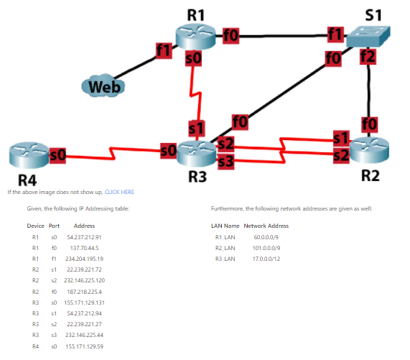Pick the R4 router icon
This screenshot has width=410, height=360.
click(28, 155)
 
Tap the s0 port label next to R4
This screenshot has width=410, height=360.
click(58, 154)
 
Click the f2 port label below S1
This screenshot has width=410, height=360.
click(368, 56)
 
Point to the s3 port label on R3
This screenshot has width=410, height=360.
click(225, 162)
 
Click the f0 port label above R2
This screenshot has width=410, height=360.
click(369, 124)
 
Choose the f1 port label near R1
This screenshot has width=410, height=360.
click(164, 50)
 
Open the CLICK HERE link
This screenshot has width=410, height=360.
click(119, 192)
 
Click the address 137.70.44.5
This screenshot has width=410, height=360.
click(84, 246)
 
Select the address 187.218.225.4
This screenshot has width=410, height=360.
click(84, 291)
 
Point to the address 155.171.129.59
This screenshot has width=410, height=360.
click(84, 346)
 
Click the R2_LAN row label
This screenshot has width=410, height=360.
click(225, 247)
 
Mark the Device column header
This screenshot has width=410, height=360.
click(35, 226)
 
